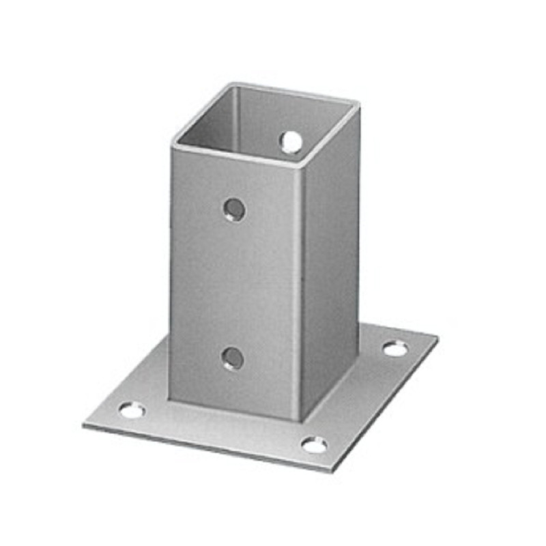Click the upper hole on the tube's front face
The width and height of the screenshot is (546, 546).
point(234,209)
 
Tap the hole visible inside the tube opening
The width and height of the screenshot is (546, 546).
point(291,141)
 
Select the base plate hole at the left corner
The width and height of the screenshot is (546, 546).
point(131,410)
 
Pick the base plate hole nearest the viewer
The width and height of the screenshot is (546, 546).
point(313,445)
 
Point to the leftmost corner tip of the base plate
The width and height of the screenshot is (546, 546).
point(84,425)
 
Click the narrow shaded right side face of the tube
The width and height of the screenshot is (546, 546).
point(331,273)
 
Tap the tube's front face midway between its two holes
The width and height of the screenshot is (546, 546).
point(233,283)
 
